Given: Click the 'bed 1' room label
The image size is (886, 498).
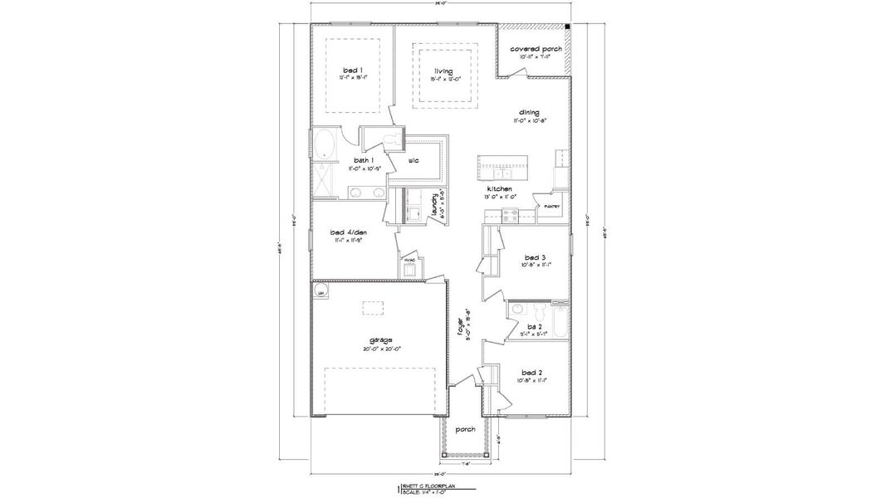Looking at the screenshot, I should [x=347, y=71].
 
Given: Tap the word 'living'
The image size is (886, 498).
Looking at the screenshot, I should [x=443, y=71].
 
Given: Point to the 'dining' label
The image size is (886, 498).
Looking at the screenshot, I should [x=530, y=112].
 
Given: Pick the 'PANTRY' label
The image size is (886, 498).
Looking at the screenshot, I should [x=552, y=207].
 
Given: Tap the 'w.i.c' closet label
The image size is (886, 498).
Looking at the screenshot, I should [x=414, y=160].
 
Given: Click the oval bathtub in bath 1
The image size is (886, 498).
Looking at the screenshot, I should [x=322, y=144].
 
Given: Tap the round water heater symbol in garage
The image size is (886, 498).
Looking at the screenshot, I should [x=320, y=290].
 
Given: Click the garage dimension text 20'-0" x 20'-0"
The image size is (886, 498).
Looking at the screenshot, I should [x=381, y=349].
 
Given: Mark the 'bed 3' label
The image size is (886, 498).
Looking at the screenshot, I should [x=534, y=256].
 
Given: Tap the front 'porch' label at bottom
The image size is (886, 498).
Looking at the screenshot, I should [x=466, y=429].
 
